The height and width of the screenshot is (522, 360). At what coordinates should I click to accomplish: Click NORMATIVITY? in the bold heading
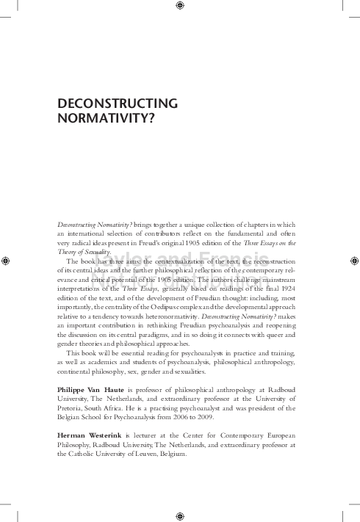[100, 117]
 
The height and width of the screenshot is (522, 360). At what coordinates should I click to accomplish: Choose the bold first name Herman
[75, 435]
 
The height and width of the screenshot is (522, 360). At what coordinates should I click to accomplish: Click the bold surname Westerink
[117, 435]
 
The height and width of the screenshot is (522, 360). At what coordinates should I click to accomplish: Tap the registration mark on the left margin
[6, 259]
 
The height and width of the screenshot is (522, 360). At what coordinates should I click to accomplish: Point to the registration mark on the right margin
[353, 259]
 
